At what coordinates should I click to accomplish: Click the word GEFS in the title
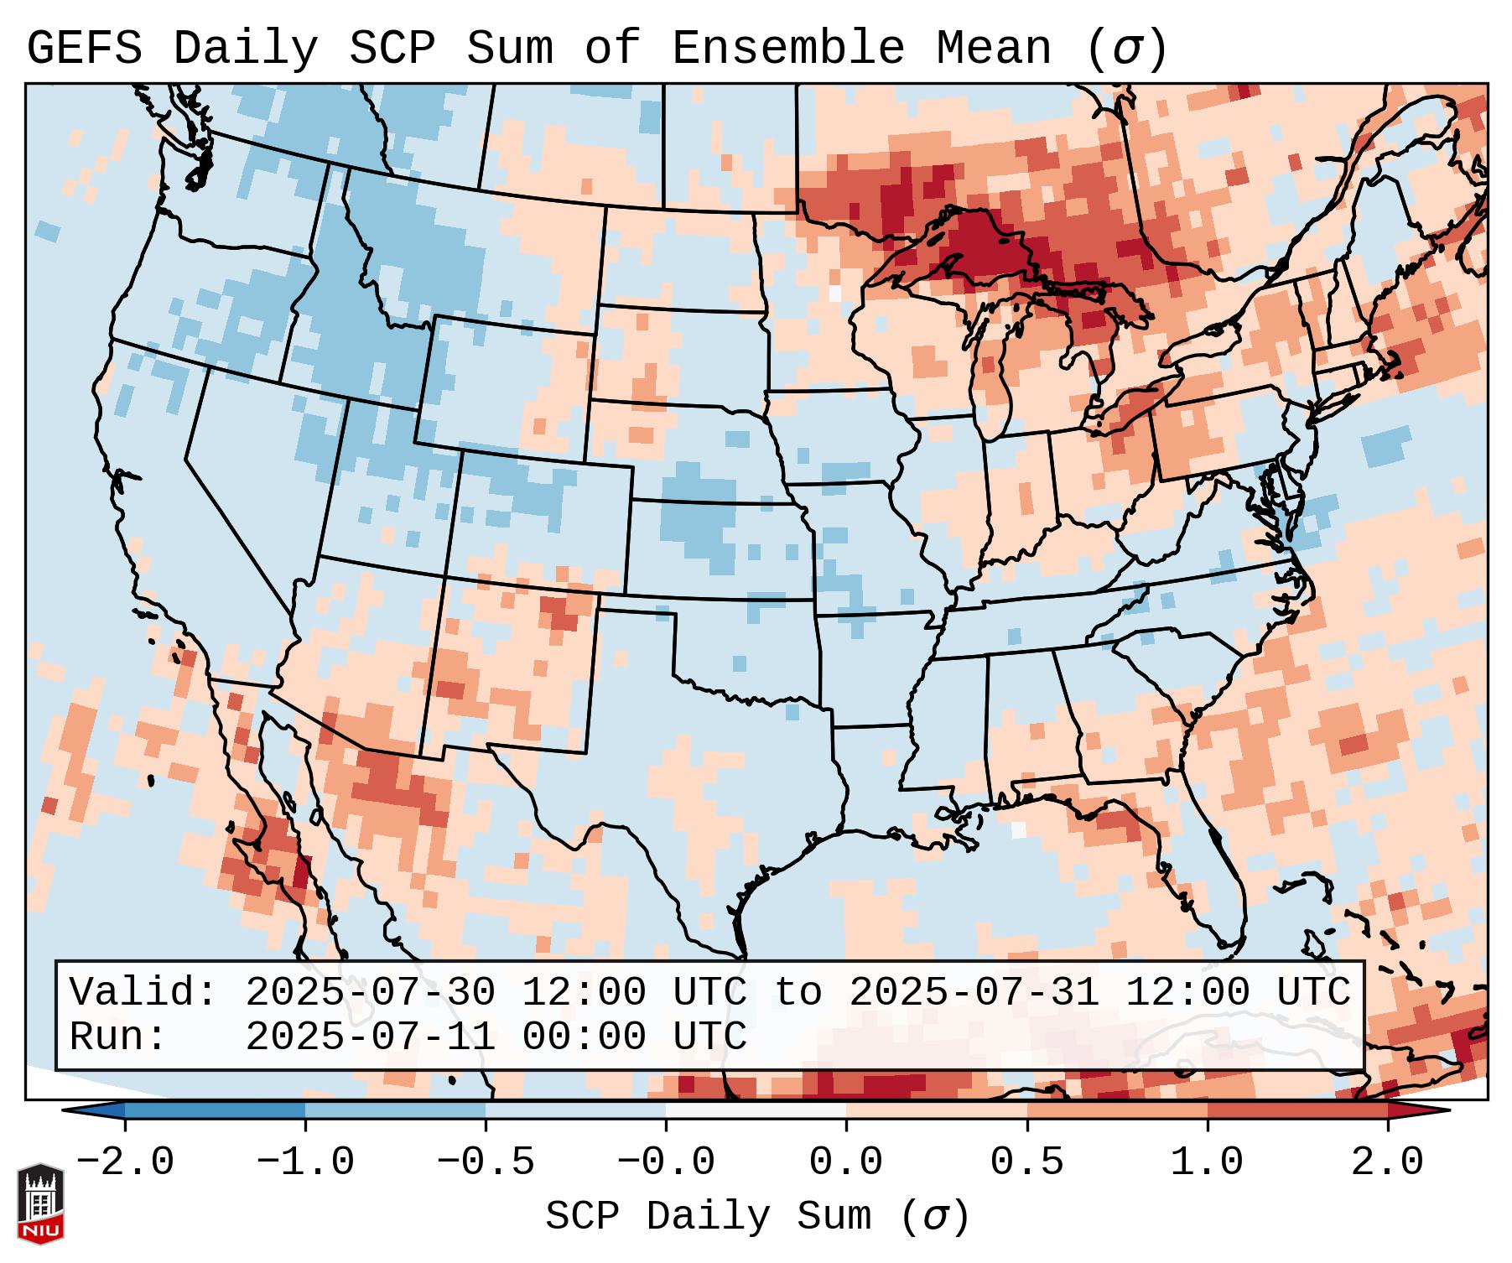click(84, 49)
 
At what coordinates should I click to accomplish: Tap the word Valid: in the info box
click(143, 992)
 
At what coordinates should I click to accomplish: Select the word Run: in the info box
click(118, 1037)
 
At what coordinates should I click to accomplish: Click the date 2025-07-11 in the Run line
click(370, 1037)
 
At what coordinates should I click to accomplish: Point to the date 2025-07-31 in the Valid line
click(974, 992)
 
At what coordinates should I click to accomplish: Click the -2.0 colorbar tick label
click(125, 1162)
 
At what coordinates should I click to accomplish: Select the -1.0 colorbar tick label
click(305, 1162)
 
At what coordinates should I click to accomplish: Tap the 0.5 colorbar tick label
click(1026, 1162)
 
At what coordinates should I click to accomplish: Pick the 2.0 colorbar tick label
click(1388, 1162)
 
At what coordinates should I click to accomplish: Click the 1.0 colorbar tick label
click(1208, 1162)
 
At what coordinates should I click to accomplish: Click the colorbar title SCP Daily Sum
click(709, 1217)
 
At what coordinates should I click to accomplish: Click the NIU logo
click(40, 1203)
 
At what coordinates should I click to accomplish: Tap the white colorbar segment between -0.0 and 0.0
click(756, 1110)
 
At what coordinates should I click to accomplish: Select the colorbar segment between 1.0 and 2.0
click(1297, 1110)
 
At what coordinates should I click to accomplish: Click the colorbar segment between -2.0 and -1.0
click(215, 1110)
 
